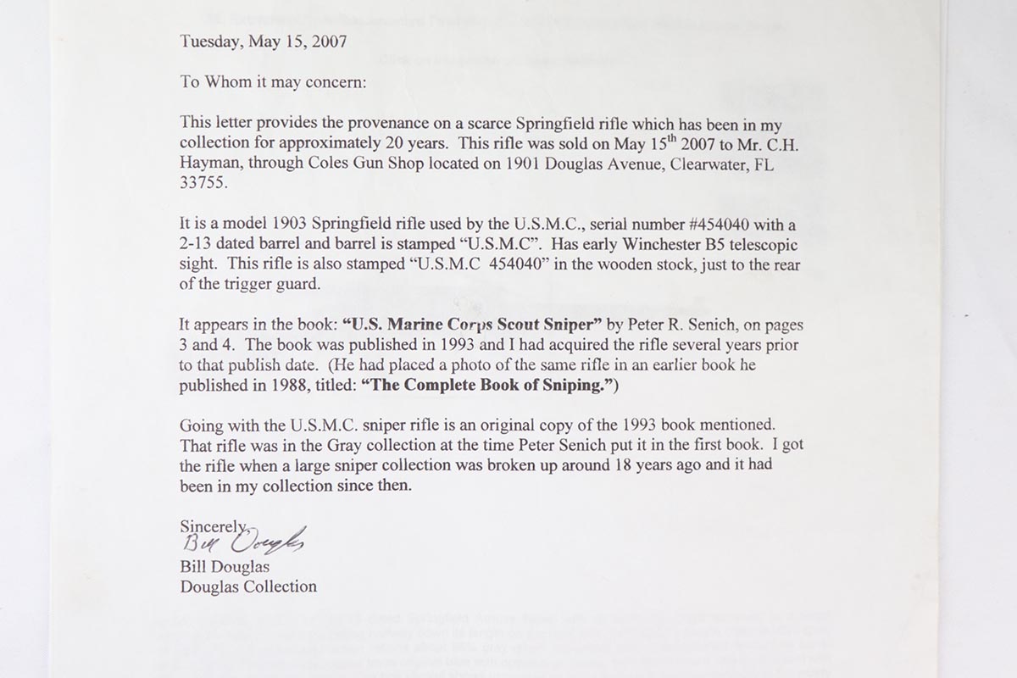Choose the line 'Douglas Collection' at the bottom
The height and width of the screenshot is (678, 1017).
[248, 586]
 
